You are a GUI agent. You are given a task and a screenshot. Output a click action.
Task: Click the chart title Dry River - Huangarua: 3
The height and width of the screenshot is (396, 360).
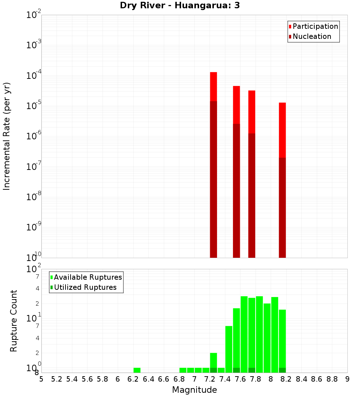[180, 5]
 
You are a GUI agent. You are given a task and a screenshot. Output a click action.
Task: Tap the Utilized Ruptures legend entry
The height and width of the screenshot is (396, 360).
[85, 287]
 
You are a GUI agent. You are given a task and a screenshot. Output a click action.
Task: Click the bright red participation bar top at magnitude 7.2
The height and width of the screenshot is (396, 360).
[213, 86]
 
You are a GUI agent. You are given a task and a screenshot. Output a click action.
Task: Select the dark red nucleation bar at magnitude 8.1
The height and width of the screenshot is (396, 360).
[282, 207]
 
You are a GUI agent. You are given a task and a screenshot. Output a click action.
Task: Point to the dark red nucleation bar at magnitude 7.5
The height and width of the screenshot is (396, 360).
[237, 191]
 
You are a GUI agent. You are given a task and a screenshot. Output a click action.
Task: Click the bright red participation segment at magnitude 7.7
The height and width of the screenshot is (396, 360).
[252, 112]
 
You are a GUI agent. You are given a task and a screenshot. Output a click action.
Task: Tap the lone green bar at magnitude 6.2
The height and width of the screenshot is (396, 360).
[137, 370]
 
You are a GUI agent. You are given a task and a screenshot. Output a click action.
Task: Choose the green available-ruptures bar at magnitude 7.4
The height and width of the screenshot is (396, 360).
[229, 349]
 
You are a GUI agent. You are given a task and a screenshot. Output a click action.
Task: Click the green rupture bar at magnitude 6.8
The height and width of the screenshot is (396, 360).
[183, 370]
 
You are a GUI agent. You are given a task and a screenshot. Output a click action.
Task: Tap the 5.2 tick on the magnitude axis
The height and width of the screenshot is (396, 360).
[57, 379]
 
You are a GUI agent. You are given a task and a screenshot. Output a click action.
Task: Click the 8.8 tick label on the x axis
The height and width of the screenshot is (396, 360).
[332, 379]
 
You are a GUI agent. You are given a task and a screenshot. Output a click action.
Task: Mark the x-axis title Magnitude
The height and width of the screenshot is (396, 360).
[194, 390]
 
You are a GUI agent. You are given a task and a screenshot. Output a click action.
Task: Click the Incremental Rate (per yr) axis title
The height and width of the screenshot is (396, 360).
[7, 136]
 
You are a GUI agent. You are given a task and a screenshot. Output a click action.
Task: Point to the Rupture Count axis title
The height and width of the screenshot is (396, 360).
[14, 321]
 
